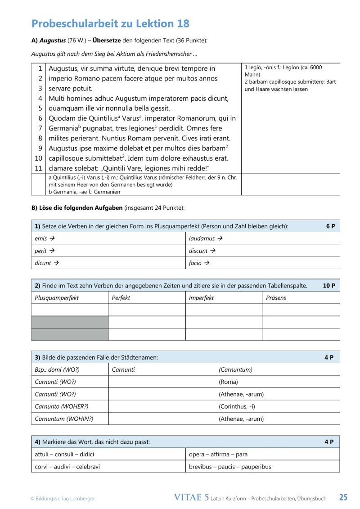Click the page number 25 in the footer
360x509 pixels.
pyautogui.click(x=343, y=497)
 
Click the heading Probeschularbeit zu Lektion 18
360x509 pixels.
pyautogui.click(x=110, y=23)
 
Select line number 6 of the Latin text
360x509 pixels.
pyautogui.click(x=40, y=118)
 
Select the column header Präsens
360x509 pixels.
pyautogui.click(x=276, y=297)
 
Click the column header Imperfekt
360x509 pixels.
pyautogui.click(x=201, y=297)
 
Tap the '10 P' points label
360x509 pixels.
pyautogui.click(x=329, y=285)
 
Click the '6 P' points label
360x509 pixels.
pyautogui.click(x=331, y=226)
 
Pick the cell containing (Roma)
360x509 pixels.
pyautogui.click(x=228, y=382)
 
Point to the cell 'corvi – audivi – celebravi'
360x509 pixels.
pyautogui.click(x=67, y=467)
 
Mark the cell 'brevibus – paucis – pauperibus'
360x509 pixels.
pyautogui.click(x=230, y=467)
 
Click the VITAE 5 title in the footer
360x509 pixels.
pyautogui.click(x=191, y=497)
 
